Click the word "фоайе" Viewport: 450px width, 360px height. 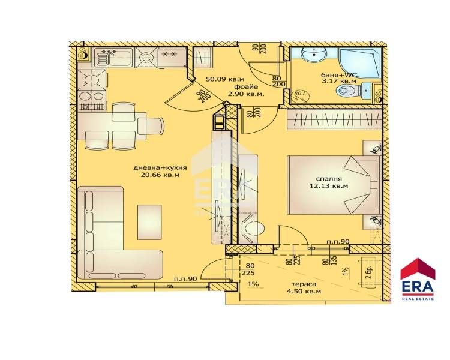click(x=245, y=86)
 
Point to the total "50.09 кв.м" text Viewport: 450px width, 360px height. click(x=224, y=78)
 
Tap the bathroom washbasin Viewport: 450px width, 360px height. click(x=311, y=55)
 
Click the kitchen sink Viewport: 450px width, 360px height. click(x=115, y=58)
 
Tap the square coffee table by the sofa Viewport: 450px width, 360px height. click(x=149, y=221)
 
